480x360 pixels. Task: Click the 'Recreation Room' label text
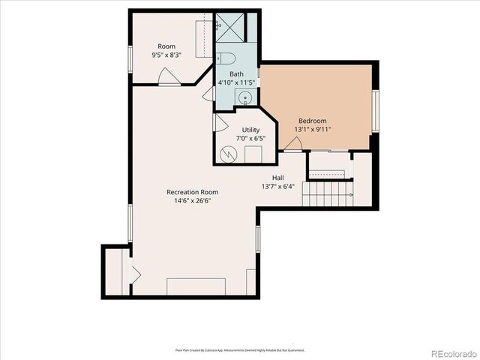pyautogui.click(x=192, y=192)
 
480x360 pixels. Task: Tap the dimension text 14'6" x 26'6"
pyautogui.click(x=192, y=201)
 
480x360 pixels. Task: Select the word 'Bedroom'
pyautogui.click(x=313, y=121)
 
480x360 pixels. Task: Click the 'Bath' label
pyautogui.click(x=236, y=73)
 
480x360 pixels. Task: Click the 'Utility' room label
pyautogui.click(x=250, y=130)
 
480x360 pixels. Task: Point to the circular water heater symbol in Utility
pyautogui.click(x=228, y=154)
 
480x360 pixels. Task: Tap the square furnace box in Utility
pyautogui.click(x=253, y=154)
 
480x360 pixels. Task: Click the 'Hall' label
pyautogui.click(x=277, y=178)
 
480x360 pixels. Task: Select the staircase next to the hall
pyautogui.click(x=327, y=193)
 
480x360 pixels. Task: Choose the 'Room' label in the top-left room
pyautogui.click(x=166, y=46)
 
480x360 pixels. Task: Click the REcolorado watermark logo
pyautogui.click(x=451, y=352)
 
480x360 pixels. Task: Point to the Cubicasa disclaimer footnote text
pyautogui.click(x=239, y=350)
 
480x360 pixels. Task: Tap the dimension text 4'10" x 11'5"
pyautogui.click(x=237, y=82)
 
